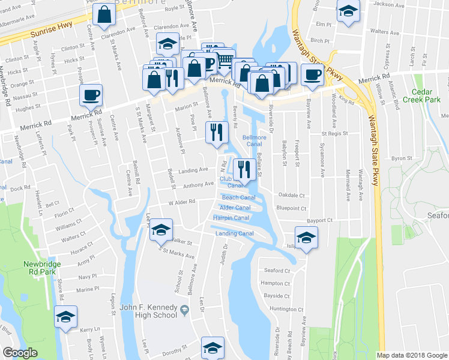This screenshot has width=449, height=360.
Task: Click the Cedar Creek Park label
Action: pos(427,97)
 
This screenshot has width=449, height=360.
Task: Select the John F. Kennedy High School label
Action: pos(149,311)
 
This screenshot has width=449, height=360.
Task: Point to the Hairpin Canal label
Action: pos(231,218)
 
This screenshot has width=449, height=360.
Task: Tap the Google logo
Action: pos(20,353)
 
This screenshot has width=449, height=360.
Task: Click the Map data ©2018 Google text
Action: pos(412,355)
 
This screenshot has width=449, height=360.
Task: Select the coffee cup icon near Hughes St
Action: pos(91,95)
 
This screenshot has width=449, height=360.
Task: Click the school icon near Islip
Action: pos(306,238)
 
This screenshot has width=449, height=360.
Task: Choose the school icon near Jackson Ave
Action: pos(348,12)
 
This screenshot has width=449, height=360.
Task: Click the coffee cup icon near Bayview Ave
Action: pos(312,74)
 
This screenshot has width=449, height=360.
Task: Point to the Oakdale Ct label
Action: pos(291,195)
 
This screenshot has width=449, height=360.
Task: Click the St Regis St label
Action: pos(334,134)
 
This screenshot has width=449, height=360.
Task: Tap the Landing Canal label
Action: pos(231,233)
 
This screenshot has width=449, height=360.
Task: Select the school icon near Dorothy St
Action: pos(212,348)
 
